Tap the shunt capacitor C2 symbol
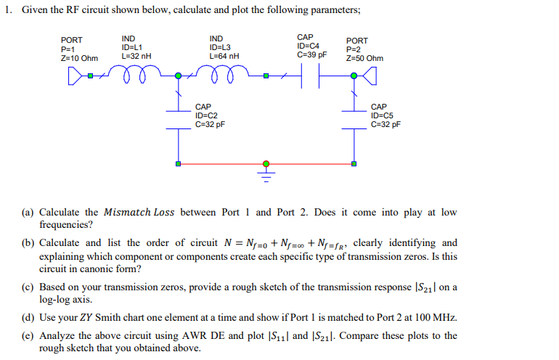click(x=176, y=119)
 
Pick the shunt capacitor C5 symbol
click(x=354, y=119)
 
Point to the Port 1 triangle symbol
click(x=73, y=75)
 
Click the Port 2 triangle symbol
click(x=370, y=75)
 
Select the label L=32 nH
click(x=136, y=56)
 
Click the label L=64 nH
click(x=224, y=56)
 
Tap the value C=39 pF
click(x=312, y=54)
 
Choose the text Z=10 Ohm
click(x=78, y=58)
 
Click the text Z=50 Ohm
click(x=364, y=58)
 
